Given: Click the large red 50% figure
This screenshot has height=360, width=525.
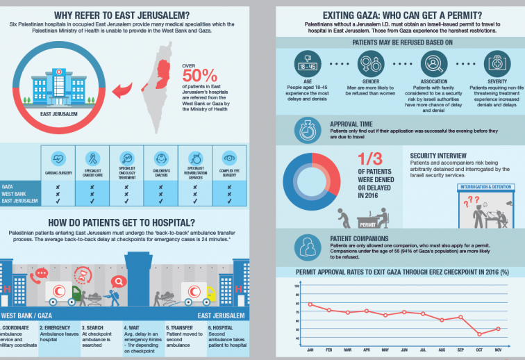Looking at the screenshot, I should [x=201, y=74].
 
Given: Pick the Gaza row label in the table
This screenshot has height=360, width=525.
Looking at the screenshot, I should [x=9, y=187].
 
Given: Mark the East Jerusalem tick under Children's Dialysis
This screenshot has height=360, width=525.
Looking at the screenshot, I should [x=160, y=201].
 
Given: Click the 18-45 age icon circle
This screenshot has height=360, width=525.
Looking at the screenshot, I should [x=308, y=63].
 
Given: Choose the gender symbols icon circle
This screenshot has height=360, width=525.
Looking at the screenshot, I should [x=370, y=63].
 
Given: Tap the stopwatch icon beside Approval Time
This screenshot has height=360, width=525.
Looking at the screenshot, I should [x=307, y=129].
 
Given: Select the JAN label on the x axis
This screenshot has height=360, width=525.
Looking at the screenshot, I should [x=310, y=350].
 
